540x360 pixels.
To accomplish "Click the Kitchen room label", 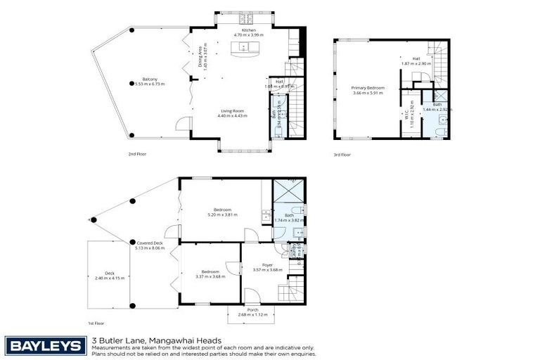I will [249, 30].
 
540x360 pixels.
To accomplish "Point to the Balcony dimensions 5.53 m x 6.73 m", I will [148, 84].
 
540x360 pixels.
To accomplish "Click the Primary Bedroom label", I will [367, 88].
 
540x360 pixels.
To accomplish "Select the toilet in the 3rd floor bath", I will [443, 129].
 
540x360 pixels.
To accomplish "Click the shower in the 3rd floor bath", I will [440, 97].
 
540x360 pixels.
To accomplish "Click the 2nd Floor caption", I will [136, 154].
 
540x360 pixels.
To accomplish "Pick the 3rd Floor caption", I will [342, 154].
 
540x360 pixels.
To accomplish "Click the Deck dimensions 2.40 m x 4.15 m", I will [110, 278].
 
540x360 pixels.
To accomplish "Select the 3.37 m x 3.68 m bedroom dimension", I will [210, 276].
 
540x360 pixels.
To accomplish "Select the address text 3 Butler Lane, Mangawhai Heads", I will [148, 340].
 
